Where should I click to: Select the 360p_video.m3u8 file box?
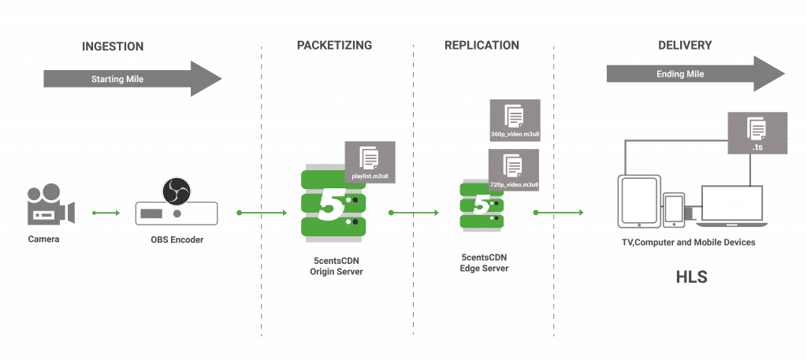pos(515,121)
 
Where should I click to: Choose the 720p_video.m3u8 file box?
pos(515,170)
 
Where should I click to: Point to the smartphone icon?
pos(674,208)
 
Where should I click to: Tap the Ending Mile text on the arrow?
pos(679,74)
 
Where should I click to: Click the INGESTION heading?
pos(112,46)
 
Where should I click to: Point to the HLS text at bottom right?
pos(691,277)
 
